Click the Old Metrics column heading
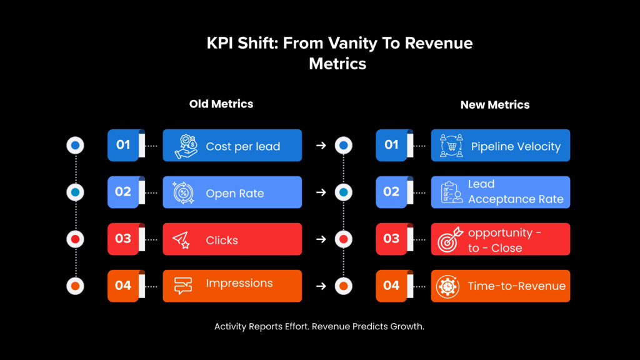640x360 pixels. click(x=221, y=104)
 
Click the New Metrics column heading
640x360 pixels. click(x=494, y=104)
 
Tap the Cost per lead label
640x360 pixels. click(x=242, y=146)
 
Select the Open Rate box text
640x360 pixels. click(x=234, y=193)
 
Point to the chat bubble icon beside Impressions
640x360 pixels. click(x=183, y=286)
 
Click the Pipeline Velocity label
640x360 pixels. click(x=516, y=146)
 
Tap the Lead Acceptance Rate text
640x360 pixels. click(x=515, y=192)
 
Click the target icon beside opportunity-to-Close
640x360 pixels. click(x=449, y=240)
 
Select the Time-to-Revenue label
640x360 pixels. click(x=516, y=286)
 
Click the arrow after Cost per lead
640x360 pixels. click(x=321, y=146)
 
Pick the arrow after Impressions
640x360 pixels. click(x=321, y=286)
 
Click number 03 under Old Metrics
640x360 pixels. click(x=123, y=239)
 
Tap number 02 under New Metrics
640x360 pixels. click(x=391, y=191)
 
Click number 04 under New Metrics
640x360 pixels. click(x=391, y=286)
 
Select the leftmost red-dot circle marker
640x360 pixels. click(x=75, y=239)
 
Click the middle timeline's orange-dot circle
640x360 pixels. click(x=343, y=286)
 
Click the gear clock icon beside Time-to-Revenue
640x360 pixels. click(x=448, y=286)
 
